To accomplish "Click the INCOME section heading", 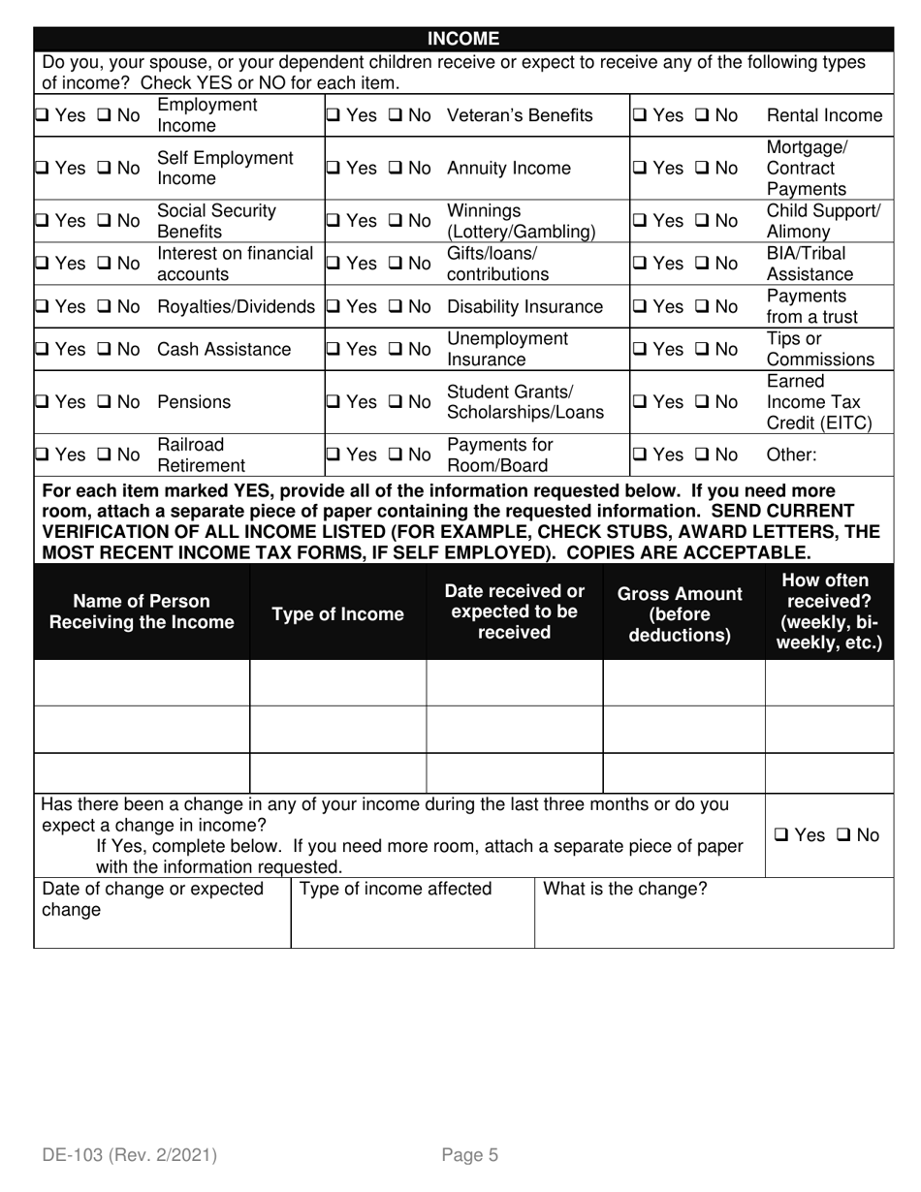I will pyautogui.click(x=463, y=39).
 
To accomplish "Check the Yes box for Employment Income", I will pyautogui.click(x=44, y=116).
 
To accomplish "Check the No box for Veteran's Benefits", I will pyautogui.click(x=397, y=116).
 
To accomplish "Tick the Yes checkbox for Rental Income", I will pyautogui.click(x=641, y=116).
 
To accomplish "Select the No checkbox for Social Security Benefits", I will pyautogui.click(x=105, y=221).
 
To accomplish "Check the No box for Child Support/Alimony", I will pyautogui.click(x=703, y=221).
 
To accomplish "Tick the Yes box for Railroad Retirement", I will pyautogui.click(x=44, y=455).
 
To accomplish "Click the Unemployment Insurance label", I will pyautogui.click(x=507, y=349).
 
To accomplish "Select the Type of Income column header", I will pyautogui.click(x=337, y=614).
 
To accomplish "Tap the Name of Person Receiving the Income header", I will pyautogui.click(x=142, y=612).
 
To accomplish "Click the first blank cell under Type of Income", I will pyautogui.click(x=337, y=683).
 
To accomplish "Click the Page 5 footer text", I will pyautogui.click(x=469, y=1154).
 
